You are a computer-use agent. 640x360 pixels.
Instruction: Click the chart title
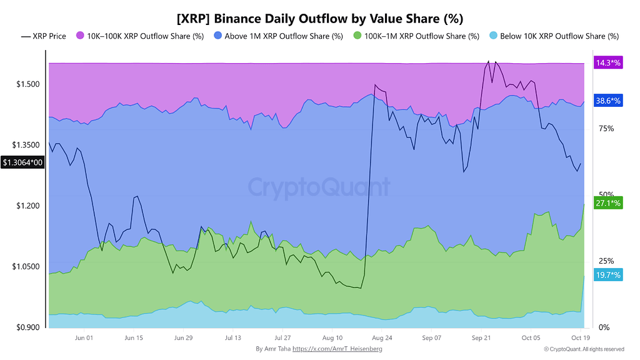point(319,18)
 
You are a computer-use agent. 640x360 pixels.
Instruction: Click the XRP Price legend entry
point(44,36)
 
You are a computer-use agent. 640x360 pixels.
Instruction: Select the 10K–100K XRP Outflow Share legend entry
point(140,36)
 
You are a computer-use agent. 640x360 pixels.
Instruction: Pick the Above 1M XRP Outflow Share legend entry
point(278,36)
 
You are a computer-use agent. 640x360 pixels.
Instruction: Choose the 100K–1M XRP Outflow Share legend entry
point(416,36)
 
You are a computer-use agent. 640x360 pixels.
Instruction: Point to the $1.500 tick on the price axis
point(28,84)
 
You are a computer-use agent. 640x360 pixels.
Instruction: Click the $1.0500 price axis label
point(26,266)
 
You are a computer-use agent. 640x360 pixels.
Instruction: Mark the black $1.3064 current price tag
point(22,162)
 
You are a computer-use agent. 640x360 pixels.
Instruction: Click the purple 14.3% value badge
point(608,62)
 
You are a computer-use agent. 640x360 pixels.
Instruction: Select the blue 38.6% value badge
point(608,101)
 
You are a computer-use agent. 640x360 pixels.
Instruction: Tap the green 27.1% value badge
point(608,203)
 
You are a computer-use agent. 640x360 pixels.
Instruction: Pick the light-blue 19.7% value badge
point(608,275)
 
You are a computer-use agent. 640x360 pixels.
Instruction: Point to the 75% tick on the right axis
point(606,129)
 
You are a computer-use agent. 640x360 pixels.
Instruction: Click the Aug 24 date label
point(382,337)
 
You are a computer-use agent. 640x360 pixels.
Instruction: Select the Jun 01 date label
point(84,337)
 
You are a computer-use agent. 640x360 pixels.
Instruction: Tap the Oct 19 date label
point(581,337)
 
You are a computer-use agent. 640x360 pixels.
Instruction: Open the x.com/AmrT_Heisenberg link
point(337,349)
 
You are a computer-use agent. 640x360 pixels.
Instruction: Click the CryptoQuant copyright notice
point(584,349)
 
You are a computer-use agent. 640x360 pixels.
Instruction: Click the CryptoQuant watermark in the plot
point(319,186)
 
